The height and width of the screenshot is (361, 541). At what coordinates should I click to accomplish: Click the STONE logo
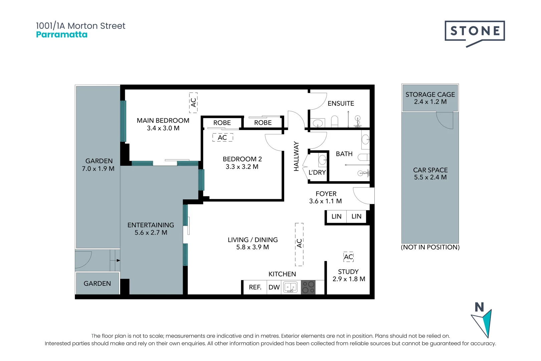(475, 31)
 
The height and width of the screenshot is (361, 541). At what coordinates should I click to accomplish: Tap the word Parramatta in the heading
(62, 35)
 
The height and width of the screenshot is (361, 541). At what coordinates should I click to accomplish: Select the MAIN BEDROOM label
(163, 121)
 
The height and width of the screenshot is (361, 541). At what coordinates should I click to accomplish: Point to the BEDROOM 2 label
(242, 159)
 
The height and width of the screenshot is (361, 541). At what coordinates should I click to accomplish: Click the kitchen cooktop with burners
(308, 287)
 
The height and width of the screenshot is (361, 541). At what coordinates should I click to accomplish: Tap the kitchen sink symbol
(290, 287)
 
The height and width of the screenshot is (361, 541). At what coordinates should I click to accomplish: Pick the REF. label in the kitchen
(255, 287)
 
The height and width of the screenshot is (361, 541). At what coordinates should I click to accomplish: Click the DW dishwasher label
(274, 287)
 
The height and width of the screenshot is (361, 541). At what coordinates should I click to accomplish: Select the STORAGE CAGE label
(430, 95)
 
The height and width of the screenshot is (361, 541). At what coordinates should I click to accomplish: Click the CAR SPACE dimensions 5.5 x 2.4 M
(430, 177)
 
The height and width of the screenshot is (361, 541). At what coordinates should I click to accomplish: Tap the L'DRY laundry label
(317, 172)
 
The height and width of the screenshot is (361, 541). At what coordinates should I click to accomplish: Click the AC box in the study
(348, 257)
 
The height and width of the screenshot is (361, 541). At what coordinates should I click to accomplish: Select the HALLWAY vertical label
(296, 156)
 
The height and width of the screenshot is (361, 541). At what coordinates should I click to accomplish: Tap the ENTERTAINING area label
(151, 225)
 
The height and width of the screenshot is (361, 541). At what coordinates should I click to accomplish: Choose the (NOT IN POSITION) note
(430, 247)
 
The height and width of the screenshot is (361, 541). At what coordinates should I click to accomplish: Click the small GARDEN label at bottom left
(97, 283)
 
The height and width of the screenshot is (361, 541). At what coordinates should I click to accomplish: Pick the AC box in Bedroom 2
(222, 138)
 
